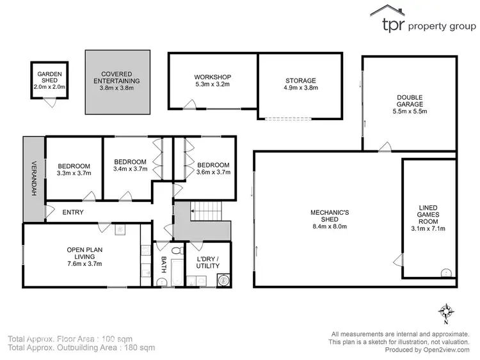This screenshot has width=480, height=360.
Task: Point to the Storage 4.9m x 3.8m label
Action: tap(301, 84)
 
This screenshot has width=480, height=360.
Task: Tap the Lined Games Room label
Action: tap(428, 217)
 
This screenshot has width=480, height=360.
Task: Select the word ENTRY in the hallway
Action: tap(73, 212)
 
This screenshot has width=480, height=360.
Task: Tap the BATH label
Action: tap(164, 263)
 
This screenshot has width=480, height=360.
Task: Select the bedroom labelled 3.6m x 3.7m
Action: tap(212, 169)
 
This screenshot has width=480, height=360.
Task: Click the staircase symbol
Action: tap(206, 208)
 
